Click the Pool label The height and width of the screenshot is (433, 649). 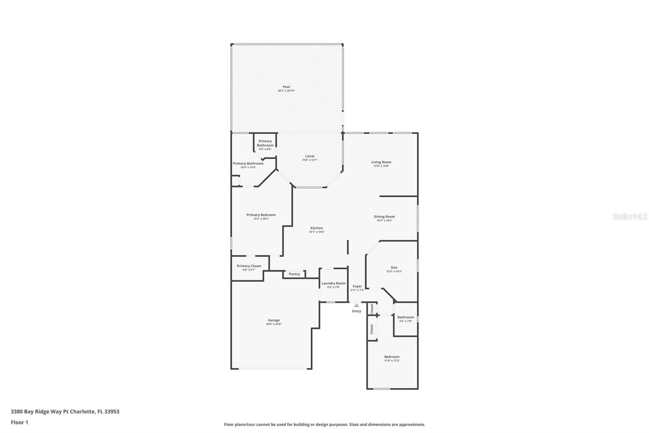click(x=286, y=87)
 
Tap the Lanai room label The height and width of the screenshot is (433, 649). click(x=309, y=156)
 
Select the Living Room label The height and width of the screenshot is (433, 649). click(x=381, y=162)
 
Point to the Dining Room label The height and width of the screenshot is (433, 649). click(x=384, y=217)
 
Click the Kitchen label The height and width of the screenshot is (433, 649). click(x=316, y=228)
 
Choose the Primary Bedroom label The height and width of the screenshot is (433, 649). click(x=261, y=215)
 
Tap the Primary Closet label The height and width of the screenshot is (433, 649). click(x=249, y=266)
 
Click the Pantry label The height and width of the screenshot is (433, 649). click(x=294, y=274)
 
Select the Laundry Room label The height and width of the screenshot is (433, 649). click(x=333, y=284)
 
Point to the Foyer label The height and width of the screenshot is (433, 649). click(x=357, y=286)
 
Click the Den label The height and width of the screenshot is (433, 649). click(x=394, y=268)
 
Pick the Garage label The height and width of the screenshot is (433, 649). click(x=273, y=320)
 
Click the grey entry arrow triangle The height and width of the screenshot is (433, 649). click(x=356, y=305)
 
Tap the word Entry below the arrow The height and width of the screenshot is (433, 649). click(x=356, y=311)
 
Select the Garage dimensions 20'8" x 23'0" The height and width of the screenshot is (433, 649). click(x=273, y=324)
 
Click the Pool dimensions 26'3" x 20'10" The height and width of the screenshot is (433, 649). click(x=286, y=91)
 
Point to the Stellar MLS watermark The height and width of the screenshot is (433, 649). click(x=630, y=216)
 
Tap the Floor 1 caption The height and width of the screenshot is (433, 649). click(x=19, y=422)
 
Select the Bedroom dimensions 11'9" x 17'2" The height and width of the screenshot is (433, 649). click(x=392, y=361)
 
